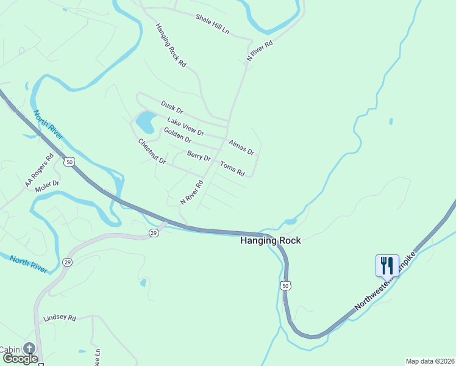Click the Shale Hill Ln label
[212, 24]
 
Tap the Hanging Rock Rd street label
[171, 45]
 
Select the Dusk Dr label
[172, 107]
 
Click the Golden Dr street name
[177, 135]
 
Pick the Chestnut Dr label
[152, 151]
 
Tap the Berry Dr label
[199, 156]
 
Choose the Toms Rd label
[232, 168]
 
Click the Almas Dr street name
[241, 147]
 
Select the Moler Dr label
[47, 183]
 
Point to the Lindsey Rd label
[59, 318]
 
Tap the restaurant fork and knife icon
[387, 265]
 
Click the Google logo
[20, 359]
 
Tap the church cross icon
[29, 349]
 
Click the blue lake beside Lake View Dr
[145, 123]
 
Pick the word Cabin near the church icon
[9, 350]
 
